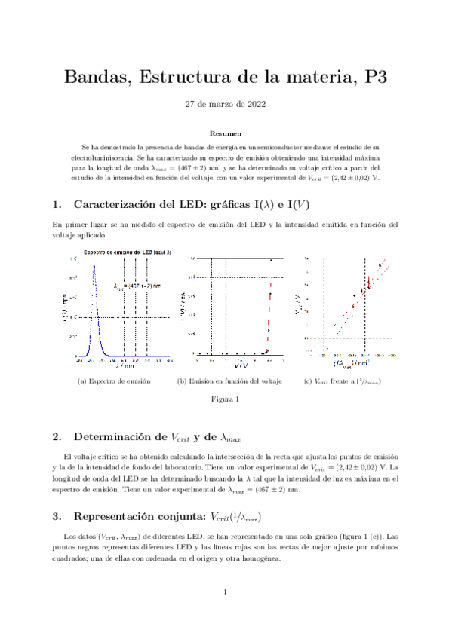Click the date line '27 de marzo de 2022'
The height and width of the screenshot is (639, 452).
(x=226, y=105)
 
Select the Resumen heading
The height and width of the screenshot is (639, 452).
(x=226, y=132)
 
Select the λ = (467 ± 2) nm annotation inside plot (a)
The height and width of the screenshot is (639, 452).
(x=137, y=286)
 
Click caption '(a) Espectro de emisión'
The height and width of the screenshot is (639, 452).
(x=114, y=381)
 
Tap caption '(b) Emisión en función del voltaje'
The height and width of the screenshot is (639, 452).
(x=229, y=381)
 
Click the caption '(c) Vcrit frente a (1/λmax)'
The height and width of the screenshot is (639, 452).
(x=340, y=381)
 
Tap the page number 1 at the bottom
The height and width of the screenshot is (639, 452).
(x=226, y=592)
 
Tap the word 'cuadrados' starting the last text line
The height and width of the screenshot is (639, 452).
(x=69, y=558)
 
